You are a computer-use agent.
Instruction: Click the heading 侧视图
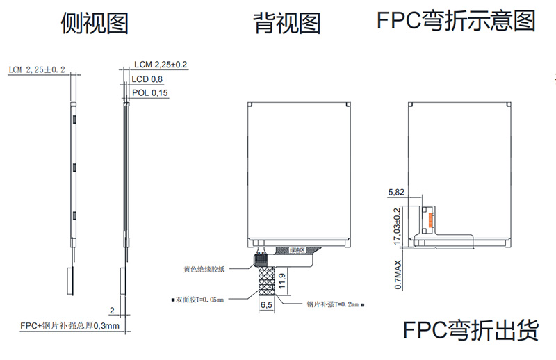(x=95, y=24)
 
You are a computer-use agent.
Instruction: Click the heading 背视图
(x=287, y=24)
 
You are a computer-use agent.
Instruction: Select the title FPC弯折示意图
(x=456, y=21)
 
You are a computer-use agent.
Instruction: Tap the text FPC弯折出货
(x=471, y=329)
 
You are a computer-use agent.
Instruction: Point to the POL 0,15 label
(x=149, y=93)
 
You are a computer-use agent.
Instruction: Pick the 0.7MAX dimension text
(x=398, y=275)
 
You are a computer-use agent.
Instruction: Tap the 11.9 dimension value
(x=281, y=281)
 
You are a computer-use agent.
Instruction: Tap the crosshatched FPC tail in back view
(x=265, y=281)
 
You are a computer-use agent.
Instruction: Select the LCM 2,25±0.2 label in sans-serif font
(x=161, y=65)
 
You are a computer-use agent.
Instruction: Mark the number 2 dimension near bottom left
(x=111, y=310)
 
